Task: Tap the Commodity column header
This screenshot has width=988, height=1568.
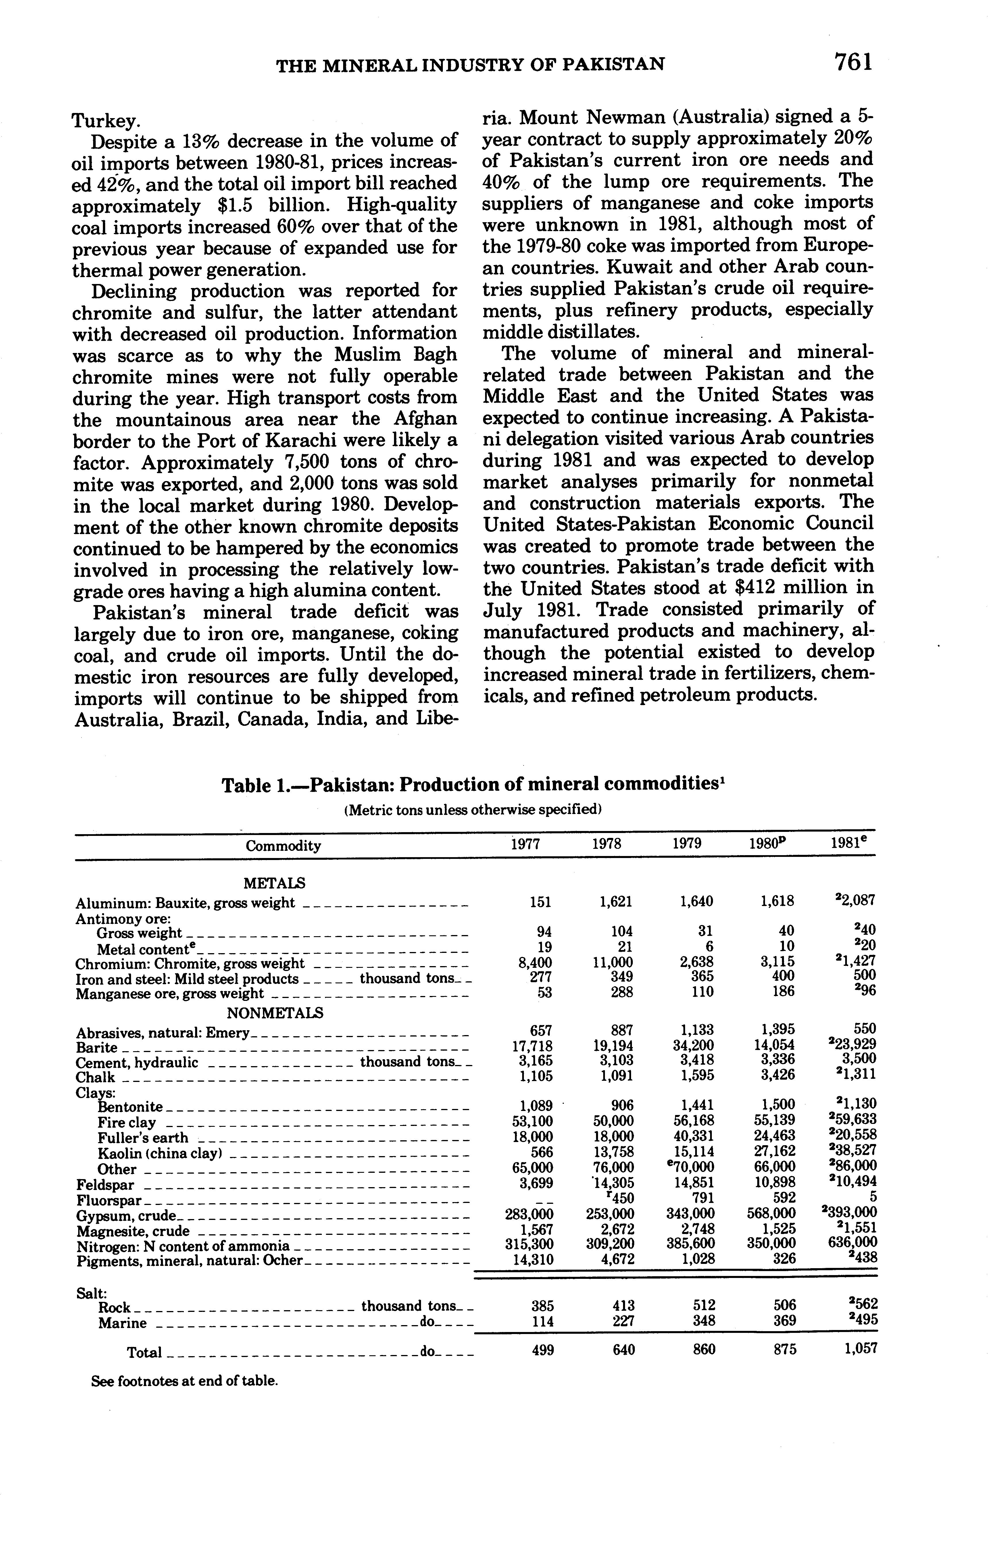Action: pyautogui.click(x=283, y=846)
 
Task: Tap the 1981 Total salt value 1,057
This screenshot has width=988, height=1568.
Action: pyautogui.click(x=860, y=1349)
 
